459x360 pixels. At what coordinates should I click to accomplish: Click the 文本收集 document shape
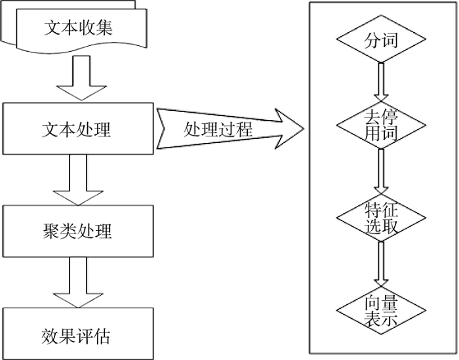tap(81, 28)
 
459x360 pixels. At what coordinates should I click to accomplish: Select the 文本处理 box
tap(78, 129)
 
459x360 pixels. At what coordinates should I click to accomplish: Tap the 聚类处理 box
tap(78, 231)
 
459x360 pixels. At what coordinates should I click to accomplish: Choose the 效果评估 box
tap(78, 334)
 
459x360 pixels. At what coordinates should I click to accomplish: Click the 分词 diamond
tap(381, 39)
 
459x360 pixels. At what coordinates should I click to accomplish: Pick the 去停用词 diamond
tap(381, 125)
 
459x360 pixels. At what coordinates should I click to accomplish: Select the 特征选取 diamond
tap(381, 218)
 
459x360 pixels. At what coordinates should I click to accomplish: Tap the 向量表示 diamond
tap(381, 311)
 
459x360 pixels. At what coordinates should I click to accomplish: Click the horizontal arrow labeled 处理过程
tap(230, 129)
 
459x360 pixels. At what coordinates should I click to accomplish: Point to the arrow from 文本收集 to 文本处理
tap(81, 78)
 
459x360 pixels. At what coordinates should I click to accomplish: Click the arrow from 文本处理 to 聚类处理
tap(78, 180)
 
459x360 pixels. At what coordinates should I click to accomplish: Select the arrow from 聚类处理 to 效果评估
tap(78, 283)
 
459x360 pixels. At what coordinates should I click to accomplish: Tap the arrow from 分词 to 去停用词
tap(381, 82)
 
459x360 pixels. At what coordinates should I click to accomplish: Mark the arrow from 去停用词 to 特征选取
tap(381, 172)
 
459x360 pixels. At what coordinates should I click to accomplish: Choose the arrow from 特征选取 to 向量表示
tap(381, 264)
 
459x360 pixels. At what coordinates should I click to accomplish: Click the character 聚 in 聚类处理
tap(51, 231)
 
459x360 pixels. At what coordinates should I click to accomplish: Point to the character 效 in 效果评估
tap(50, 336)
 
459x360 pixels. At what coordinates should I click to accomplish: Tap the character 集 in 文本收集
tap(104, 28)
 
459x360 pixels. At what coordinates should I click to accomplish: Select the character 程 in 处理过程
tap(243, 129)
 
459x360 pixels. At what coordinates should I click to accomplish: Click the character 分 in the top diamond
tap(372, 40)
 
